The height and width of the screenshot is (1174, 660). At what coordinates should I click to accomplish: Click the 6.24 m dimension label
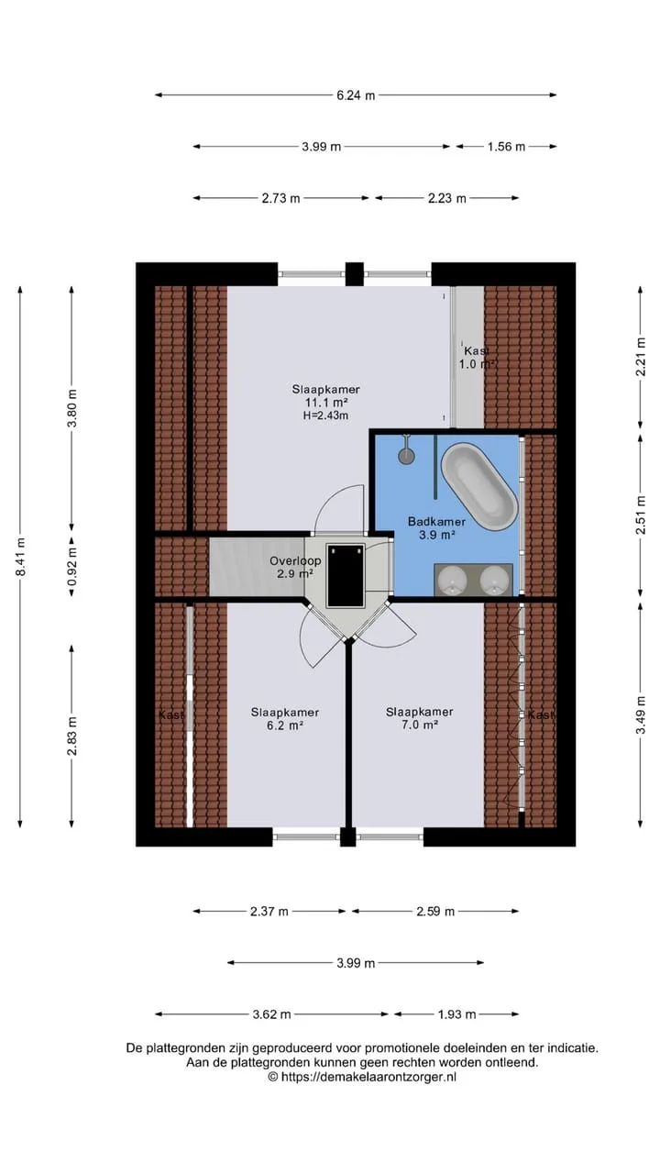click(x=356, y=95)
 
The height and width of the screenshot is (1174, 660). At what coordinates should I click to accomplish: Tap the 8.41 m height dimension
click(x=20, y=557)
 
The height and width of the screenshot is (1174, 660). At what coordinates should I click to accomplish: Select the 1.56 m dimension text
click(x=506, y=147)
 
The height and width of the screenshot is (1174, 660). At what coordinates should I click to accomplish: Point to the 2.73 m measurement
click(x=280, y=198)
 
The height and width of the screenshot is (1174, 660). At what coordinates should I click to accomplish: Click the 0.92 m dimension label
click(x=71, y=567)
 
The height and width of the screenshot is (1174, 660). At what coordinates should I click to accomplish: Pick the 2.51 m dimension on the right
click(x=641, y=515)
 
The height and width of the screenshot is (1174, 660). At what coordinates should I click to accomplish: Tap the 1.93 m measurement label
click(x=456, y=1014)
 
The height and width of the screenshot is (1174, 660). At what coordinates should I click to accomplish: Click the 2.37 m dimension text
click(x=269, y=911)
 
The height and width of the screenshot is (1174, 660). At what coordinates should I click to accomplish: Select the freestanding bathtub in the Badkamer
click(x=479, y=486)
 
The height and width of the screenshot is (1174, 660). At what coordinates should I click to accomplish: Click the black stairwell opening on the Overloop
click(x=346, y=575)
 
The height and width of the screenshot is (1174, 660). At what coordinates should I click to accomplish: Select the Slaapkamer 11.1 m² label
click(x=325, y=395)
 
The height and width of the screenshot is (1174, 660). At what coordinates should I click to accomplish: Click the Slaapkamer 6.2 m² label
click(x=285, y=718)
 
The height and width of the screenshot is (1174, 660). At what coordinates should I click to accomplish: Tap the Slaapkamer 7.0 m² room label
click(x=420, y=718)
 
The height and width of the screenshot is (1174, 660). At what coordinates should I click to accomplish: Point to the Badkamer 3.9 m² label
click(x=437, y=527)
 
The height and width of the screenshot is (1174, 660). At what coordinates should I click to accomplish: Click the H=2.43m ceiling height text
click(x=325, y=415)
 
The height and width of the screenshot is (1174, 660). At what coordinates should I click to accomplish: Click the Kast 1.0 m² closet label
click(x=478, y=358)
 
